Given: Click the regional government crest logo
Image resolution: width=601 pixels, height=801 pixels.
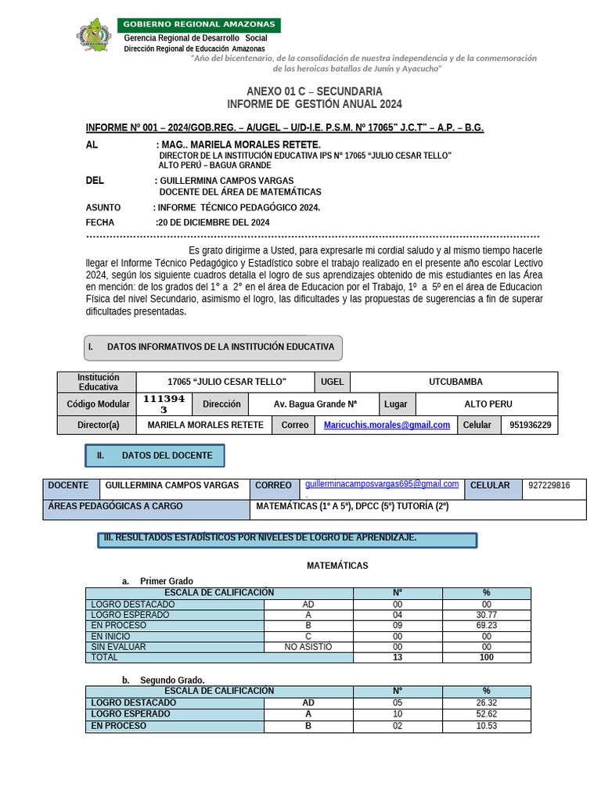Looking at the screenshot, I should (94, 36).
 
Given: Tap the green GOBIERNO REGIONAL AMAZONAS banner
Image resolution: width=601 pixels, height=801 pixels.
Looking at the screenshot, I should (199, 25).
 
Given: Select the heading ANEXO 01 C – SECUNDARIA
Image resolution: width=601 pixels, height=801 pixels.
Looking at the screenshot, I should (315, 92).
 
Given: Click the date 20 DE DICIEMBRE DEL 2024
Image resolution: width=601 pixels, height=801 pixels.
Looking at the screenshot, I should (214, 222).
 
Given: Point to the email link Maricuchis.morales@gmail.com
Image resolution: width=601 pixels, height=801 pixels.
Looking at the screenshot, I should (387, 425).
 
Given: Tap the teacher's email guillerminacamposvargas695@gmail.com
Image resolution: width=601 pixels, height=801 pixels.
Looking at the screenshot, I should (382, 484).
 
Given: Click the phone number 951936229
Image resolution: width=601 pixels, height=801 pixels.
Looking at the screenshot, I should (530, 425).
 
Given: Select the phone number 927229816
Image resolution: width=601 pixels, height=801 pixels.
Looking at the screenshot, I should (549, 486).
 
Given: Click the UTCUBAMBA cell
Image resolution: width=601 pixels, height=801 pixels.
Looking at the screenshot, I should (455, 382).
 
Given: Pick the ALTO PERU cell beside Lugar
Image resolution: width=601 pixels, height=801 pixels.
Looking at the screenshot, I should (488, 404).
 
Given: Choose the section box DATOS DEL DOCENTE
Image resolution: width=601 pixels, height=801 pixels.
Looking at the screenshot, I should (155, 455).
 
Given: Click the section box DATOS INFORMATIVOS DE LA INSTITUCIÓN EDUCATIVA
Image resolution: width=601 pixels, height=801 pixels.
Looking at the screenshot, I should (213, 347).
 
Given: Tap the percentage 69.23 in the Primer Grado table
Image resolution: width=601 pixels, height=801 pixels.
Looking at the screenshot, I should (486, 626).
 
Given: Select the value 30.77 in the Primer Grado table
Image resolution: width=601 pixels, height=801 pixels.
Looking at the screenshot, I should (486, 615).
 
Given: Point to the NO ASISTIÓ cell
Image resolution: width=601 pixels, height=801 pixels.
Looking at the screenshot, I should (308, 647).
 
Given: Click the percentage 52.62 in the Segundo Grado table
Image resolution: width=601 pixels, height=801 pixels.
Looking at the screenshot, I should (486, 714).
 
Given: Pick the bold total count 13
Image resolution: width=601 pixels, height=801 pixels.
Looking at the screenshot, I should (398, 658).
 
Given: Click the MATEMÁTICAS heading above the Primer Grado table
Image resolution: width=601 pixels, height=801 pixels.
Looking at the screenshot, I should (337, 566).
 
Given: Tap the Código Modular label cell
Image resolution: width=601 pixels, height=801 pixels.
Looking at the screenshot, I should (98, 404).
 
